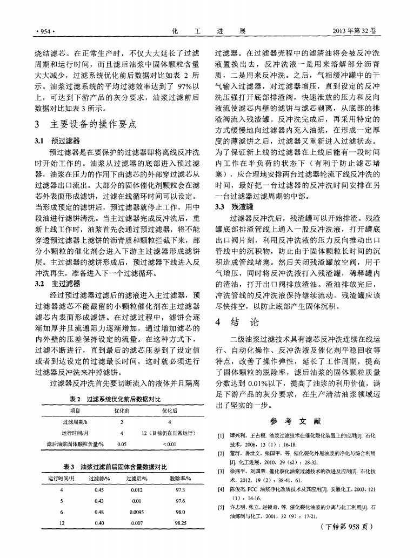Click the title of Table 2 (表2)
tap(115, 399)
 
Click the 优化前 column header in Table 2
tap(122, 411)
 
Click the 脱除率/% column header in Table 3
tap(178, 478)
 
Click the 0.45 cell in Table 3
tap(99, 489)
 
